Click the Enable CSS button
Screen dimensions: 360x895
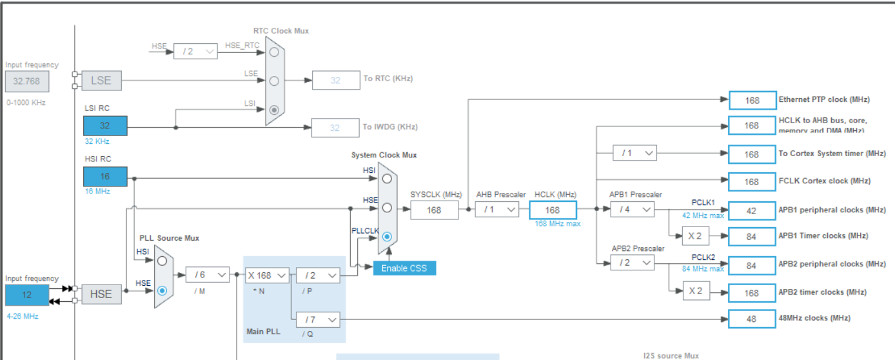click(x=404, y=268)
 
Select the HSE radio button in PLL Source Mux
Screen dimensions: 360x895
click(x=162, y=290)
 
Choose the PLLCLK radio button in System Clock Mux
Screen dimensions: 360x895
click(x=387, y=236)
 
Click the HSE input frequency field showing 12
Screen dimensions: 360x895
click(x=26, y=294)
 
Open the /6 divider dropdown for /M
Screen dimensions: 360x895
click(x=208, y=275)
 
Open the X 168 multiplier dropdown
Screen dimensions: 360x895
click(x=267, y=275)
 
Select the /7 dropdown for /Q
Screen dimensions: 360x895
click(x=317, y=319)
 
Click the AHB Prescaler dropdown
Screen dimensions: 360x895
click(x=497, y=210)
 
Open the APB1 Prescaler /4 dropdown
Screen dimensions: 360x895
click(x=632, y=209)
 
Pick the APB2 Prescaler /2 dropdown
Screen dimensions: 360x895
click(x=632, y=263)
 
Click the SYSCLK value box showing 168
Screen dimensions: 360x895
click(x=434, y=210)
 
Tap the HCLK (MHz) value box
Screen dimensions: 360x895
click(x=553, y=210)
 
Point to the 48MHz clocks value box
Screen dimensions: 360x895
click(x=752, y=319)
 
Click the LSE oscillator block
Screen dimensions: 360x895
click(x=101, y=81)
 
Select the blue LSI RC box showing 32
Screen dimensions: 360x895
click(x=105, y=126)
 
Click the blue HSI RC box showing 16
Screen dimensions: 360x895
click(x=105, y=176)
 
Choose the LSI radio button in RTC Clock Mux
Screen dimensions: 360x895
click(x=275, y=110)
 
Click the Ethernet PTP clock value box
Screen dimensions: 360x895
click(x=752, y=100)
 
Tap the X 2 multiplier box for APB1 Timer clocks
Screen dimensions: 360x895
click(x=695, y=235)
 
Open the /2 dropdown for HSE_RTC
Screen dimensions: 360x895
click(x=195, y=51)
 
